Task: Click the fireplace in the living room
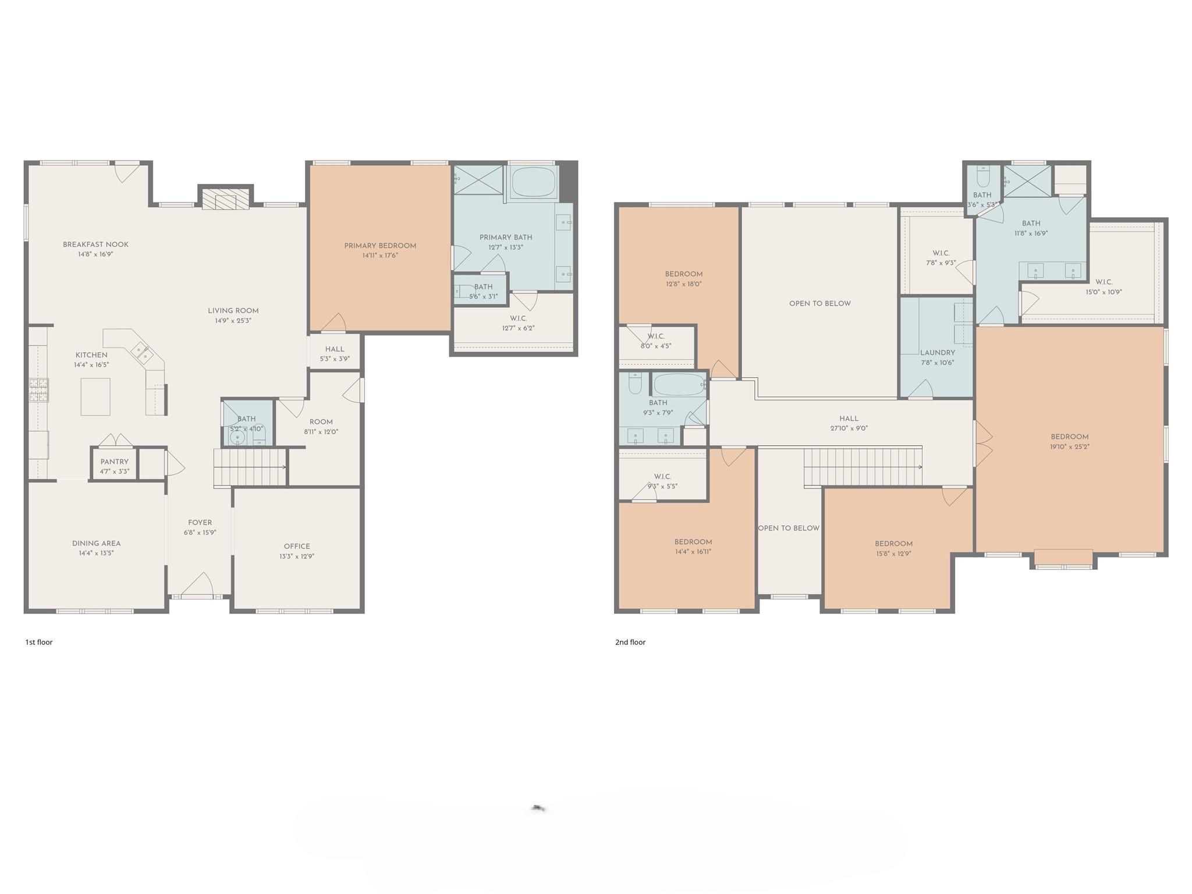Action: click(x=225, y=198)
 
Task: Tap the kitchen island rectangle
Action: click(x=95, y=396)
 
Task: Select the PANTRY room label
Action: click(x=114, y=462)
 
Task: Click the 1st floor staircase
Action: click(x=250, y=467)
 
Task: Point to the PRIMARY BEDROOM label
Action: click(x=380, y=246)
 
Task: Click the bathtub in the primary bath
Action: click(x=533, y=183)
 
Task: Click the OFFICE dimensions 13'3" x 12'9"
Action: click(x=297, y=556)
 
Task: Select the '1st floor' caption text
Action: click(x=39, y=642)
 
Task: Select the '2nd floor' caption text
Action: click(x=630, y=642)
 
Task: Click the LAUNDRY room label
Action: click(x=937, y=353)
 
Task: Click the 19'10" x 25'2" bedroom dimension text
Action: click(x=1070, y=447)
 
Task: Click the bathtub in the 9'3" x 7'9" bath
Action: click(x=678, y=385)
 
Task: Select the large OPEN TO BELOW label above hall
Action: click(x=819, y=303)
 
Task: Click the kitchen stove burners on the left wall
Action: click(x=39, y=389)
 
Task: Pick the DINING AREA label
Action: click(x=97, y=543)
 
